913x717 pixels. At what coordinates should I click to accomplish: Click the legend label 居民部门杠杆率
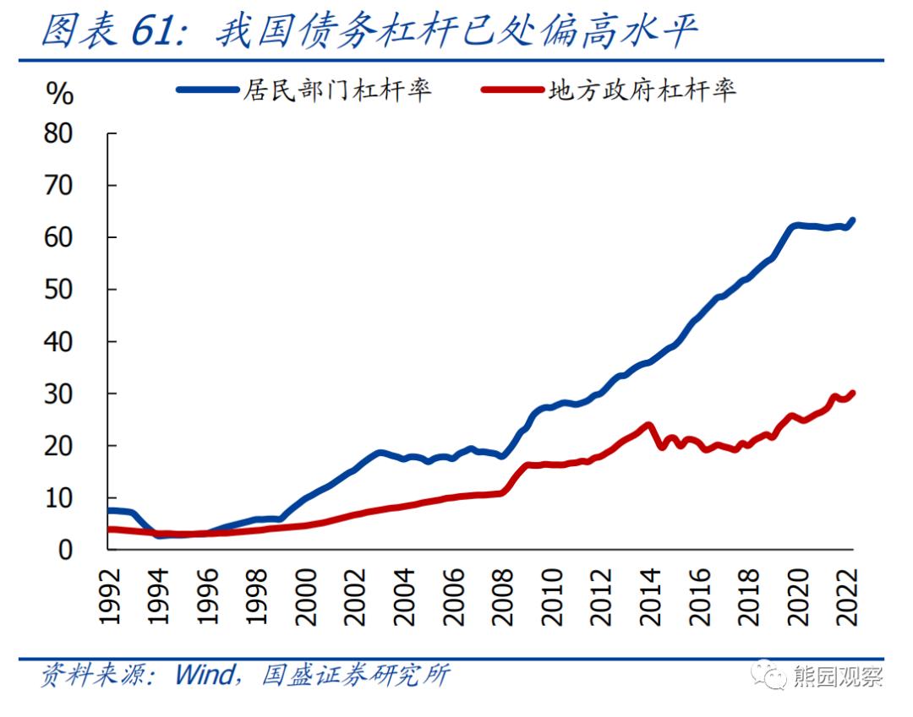click(x=336, y=90)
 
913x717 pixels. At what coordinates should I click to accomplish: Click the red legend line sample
click(x=512, y=90)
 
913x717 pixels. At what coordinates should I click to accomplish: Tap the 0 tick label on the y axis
click(x=67, y=550)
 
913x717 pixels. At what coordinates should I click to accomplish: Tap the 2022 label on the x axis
click(x=847, y=595)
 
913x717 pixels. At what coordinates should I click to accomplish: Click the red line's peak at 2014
click(x=648, y=425)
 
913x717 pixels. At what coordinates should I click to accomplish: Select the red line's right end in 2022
click(x=852, y=393)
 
